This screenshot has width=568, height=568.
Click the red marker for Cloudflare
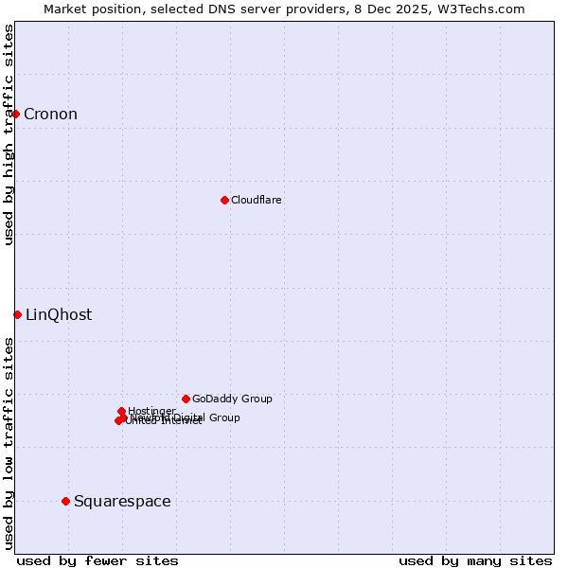[224, 200]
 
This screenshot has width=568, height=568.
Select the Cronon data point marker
[15, 115]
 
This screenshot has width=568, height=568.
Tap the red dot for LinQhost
[17, 314]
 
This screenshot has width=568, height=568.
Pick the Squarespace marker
[65, 501]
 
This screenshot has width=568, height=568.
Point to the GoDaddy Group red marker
[186, 399]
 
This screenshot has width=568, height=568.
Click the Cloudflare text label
[257, 200]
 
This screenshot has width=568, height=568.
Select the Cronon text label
[50, 115]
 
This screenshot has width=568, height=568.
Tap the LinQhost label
[59, 315]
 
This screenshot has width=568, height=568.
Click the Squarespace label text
[122, 502]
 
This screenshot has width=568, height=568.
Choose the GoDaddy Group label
[232, 399]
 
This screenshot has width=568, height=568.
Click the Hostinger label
[151, 411]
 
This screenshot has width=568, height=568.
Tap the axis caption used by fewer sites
[98, 560]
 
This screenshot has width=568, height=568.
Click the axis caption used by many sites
[475, 560]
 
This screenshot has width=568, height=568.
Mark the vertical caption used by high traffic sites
[9, 134]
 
